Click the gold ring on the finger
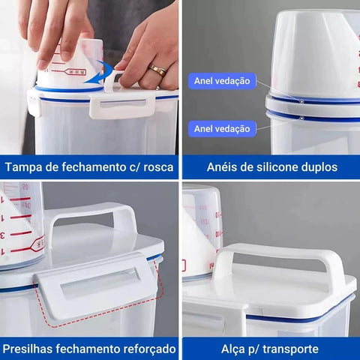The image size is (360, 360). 158,70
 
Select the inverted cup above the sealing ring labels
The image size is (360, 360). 315,52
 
